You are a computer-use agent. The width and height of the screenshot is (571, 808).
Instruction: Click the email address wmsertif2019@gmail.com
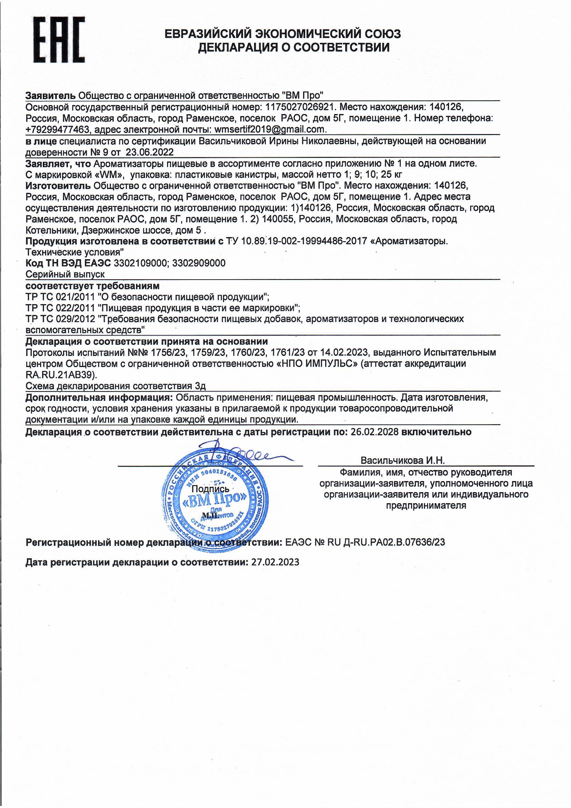coord(270,129)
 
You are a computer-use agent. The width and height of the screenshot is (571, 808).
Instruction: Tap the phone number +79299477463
coord(57,129)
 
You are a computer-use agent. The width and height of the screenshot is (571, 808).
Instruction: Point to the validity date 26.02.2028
coord(375,432)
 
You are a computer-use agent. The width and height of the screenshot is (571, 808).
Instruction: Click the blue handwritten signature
coord(243,455)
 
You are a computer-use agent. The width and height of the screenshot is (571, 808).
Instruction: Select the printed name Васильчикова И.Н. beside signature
coord(403,460)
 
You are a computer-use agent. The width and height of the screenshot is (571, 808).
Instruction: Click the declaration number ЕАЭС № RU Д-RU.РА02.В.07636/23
coord(365,542)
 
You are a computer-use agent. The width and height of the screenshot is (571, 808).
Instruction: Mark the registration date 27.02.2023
coord(275,562)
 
